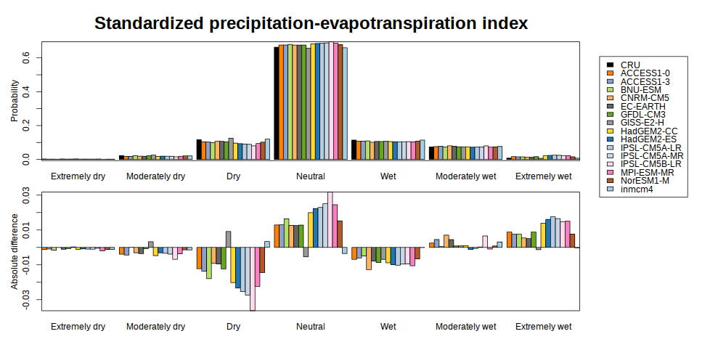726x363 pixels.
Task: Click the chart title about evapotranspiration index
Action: pos(311,23)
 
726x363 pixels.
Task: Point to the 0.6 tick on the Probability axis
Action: pos(26,57)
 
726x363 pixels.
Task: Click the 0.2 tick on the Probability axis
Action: pos(26,126)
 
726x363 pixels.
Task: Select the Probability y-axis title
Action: pos(15,101)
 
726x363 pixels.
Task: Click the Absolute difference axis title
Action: pos(15,251)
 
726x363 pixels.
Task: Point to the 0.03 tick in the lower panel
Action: pos(26,195)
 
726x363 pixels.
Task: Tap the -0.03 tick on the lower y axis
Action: pos(26,299)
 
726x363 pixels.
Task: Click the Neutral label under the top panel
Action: pos(311,176)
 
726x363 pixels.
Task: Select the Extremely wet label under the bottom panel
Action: pos(543,327)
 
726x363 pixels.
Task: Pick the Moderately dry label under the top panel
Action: pos(155,176)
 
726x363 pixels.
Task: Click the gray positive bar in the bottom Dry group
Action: pos(228,239)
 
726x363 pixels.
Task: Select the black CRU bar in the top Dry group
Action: pos(199,150)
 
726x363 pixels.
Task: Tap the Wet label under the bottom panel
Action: pos(388,327)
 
